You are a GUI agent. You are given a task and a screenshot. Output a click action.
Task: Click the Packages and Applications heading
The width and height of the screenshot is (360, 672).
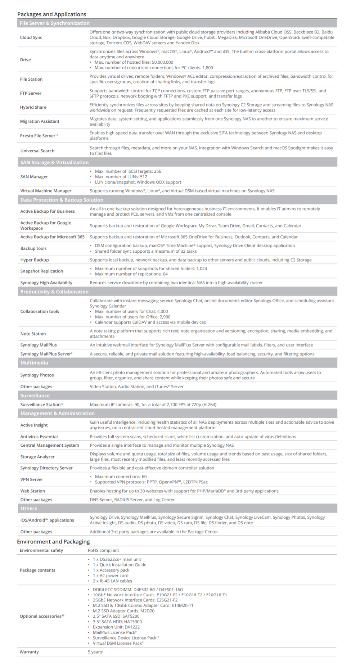pos(52,14)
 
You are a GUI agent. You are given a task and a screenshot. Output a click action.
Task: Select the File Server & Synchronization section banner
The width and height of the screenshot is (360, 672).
pos(55,23)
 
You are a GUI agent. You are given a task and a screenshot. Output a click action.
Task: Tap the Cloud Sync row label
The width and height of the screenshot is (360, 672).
pos(31,37)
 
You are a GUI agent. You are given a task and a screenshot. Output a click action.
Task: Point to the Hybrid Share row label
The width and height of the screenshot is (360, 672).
pos(33,107)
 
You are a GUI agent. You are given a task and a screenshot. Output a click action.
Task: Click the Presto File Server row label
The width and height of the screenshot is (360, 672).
pos(38,136)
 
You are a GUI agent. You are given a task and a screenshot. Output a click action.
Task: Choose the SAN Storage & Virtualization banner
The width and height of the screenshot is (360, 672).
pos(54,162)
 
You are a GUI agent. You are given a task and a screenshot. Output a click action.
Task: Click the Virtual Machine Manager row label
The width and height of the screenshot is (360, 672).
pos(46,191)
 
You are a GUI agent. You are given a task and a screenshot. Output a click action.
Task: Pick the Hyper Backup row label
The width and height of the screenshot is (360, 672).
pos(35,260)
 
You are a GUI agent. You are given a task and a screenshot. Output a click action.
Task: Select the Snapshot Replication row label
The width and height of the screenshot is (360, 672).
pos(42,271)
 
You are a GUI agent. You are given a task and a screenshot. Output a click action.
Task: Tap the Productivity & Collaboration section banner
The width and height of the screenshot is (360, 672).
pos(54,292)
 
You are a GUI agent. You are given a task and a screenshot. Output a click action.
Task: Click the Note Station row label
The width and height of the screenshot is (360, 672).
pos(33,334)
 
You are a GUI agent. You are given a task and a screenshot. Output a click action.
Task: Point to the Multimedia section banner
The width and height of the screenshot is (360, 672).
pos(34,362)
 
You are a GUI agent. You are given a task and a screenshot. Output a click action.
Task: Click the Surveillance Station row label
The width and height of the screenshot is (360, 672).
pos(41,405)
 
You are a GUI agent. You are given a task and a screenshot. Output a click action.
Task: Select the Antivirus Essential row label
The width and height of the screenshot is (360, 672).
pos(39,437)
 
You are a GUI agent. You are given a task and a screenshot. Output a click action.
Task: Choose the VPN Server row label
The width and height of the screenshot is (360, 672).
pos(32,479)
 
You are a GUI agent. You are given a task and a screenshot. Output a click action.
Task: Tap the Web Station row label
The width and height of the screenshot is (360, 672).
pos(33,491)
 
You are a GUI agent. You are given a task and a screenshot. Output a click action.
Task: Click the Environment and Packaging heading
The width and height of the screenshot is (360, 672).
pos(53,542)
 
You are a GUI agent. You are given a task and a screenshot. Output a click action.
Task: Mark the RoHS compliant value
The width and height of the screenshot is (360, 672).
pos(103,550)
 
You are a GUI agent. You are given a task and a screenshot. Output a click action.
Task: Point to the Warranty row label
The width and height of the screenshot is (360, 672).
pos(29,652)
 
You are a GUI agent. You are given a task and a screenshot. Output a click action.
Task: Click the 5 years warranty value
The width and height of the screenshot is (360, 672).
pos(95,652)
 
